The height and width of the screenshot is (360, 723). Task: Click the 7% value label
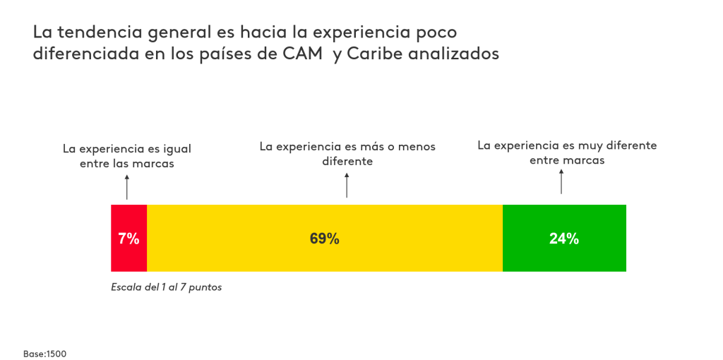point(129,239)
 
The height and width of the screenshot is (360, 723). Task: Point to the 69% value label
point(324,239)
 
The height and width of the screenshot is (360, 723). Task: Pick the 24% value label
point(564,239)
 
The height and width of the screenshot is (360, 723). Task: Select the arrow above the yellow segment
point(347,186)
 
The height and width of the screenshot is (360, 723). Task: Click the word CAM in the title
point(301,54)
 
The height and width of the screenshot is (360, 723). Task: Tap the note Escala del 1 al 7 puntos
point(167,288)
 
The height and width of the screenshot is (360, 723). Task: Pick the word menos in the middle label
point(417,147)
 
